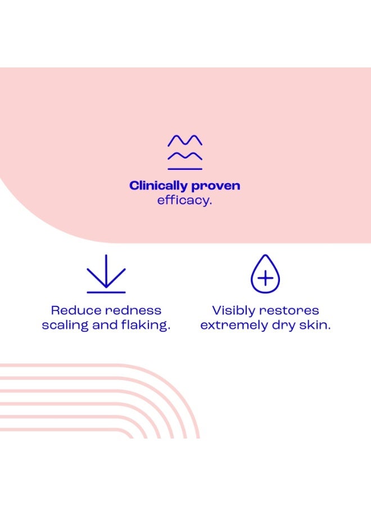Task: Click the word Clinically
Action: pyautogui.click(x=159, y=186)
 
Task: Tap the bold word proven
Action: pyautogui.click(x=216, y=187)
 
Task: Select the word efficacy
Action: pyautogui.click(x=184, y=200)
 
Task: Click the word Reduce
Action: pyautogui.click(x=76, y=310)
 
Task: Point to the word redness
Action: pyautogui.click(x=133, y=310)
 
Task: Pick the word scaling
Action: pyautogui.click(x=65, y=326)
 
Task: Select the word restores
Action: pyautogui.click(x=289, y=311)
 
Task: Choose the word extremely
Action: pyautogui.click(x=234, y=326)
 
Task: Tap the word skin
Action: pyautogui.click(x=315, y=325)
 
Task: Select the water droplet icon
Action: pyautogui.click(x=265, y=274)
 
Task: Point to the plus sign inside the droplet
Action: pyautogui.click(x=265, y=278)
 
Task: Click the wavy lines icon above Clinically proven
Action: pyautogui.click(x=185, y=152)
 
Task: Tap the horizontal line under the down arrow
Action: pyautogui.click(x=106, y=292)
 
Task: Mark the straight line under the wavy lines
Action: pyautogui.click(x=185, y=169)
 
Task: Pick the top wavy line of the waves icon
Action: pyautogui.click(x=185, y=141)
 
